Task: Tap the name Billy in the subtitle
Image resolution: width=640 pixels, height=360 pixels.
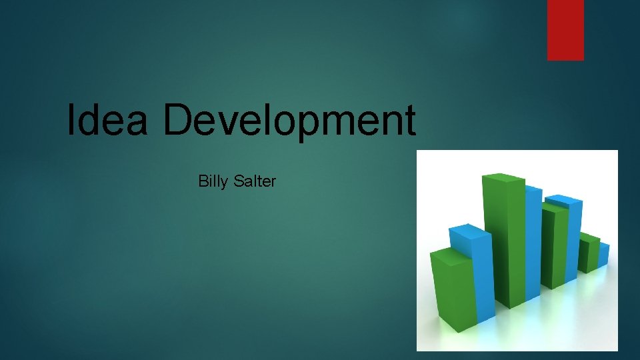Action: pyautogui.click(x=213, y=181)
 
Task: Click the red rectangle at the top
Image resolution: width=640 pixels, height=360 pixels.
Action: pyautogui.click(x=565, y=30)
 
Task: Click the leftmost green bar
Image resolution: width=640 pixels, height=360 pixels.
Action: pyautogui.click(x=452, y=287)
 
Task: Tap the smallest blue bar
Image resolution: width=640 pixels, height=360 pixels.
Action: pyautogui.click(x=603, y=255)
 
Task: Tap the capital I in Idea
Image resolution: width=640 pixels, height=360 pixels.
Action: pyautogui.click(x=71, y=120)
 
